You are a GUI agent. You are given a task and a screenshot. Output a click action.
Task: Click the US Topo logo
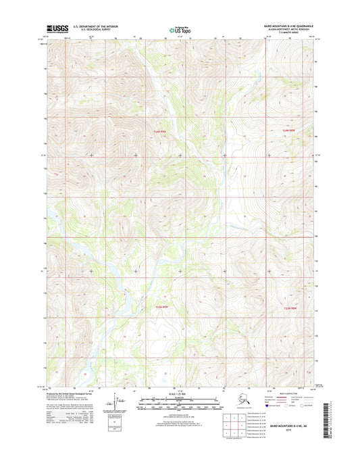pos(179,29)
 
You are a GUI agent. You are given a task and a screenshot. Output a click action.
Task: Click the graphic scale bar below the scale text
pos(179,400)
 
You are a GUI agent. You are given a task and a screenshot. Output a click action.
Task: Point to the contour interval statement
pos(179,412)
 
